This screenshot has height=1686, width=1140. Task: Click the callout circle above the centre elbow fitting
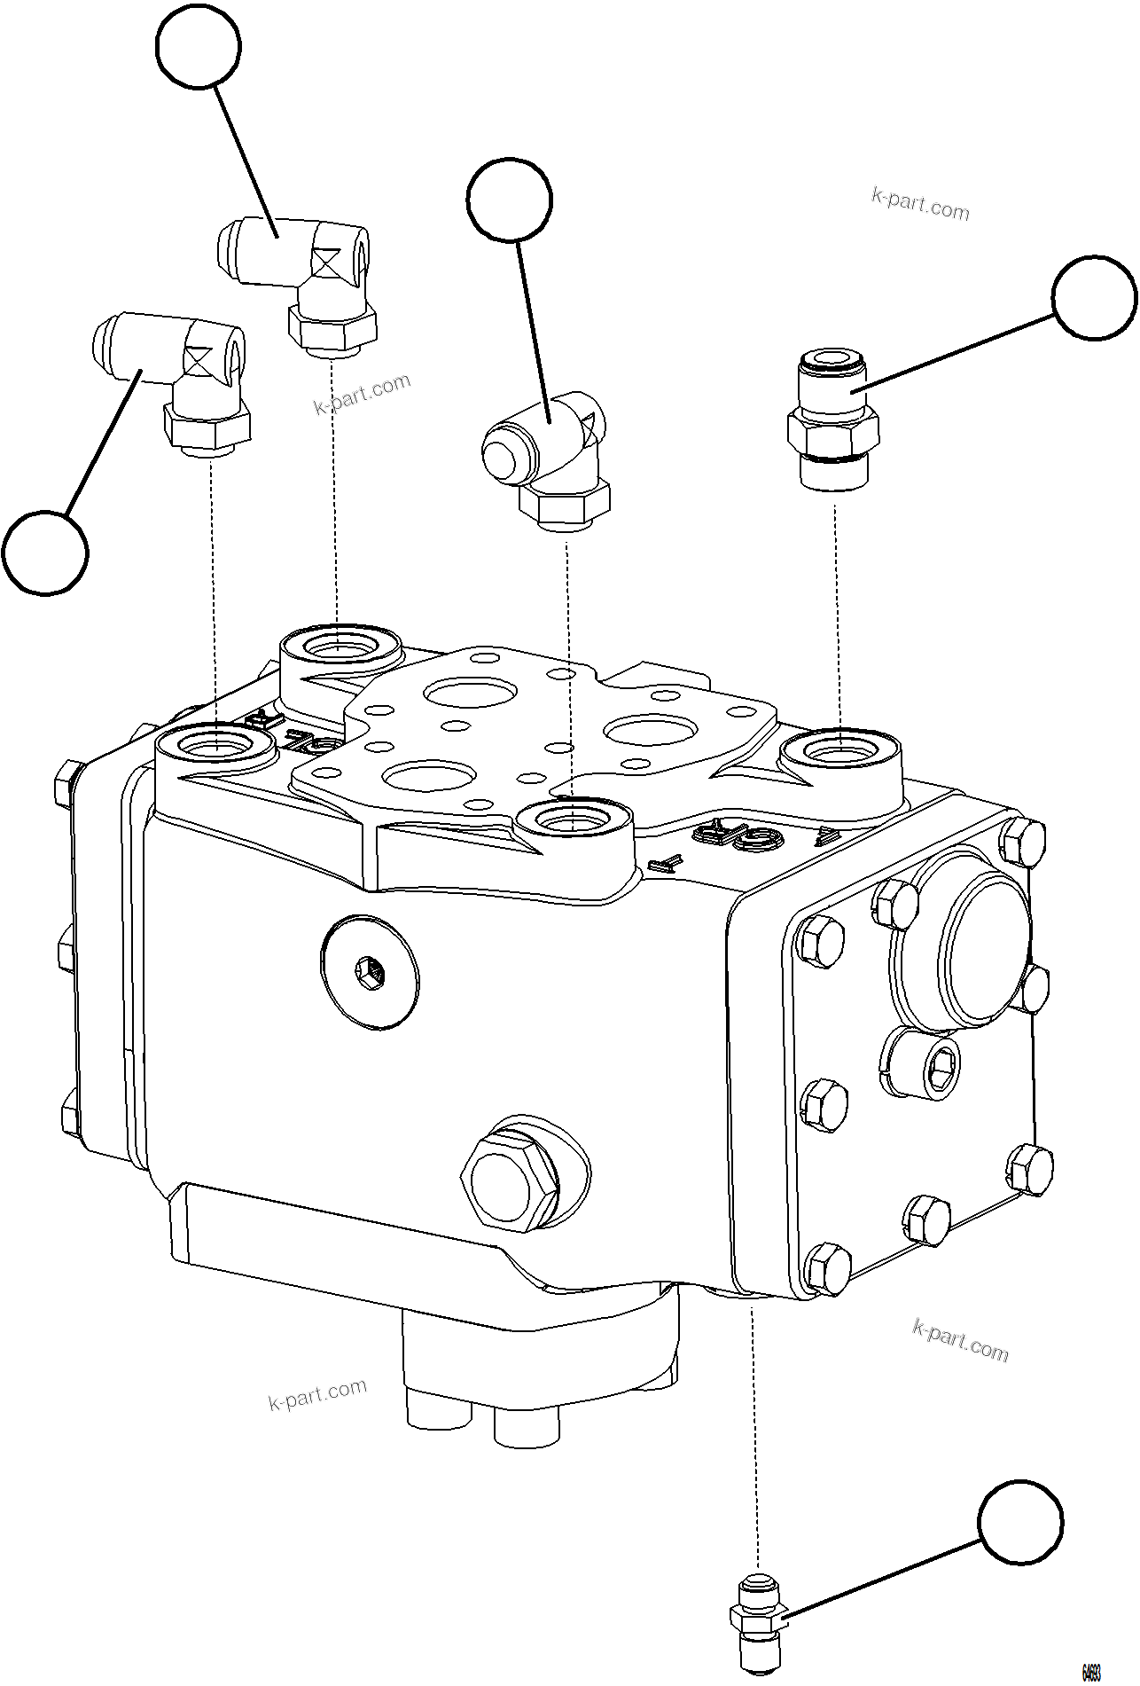pos(510,200)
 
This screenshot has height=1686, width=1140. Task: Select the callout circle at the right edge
pos(1095,298)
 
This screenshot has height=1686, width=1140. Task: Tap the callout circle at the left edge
pos(45,552)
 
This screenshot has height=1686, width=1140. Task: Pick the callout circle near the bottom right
pos(1021,1520)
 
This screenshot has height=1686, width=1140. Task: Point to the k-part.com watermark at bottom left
pos(316,1394)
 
